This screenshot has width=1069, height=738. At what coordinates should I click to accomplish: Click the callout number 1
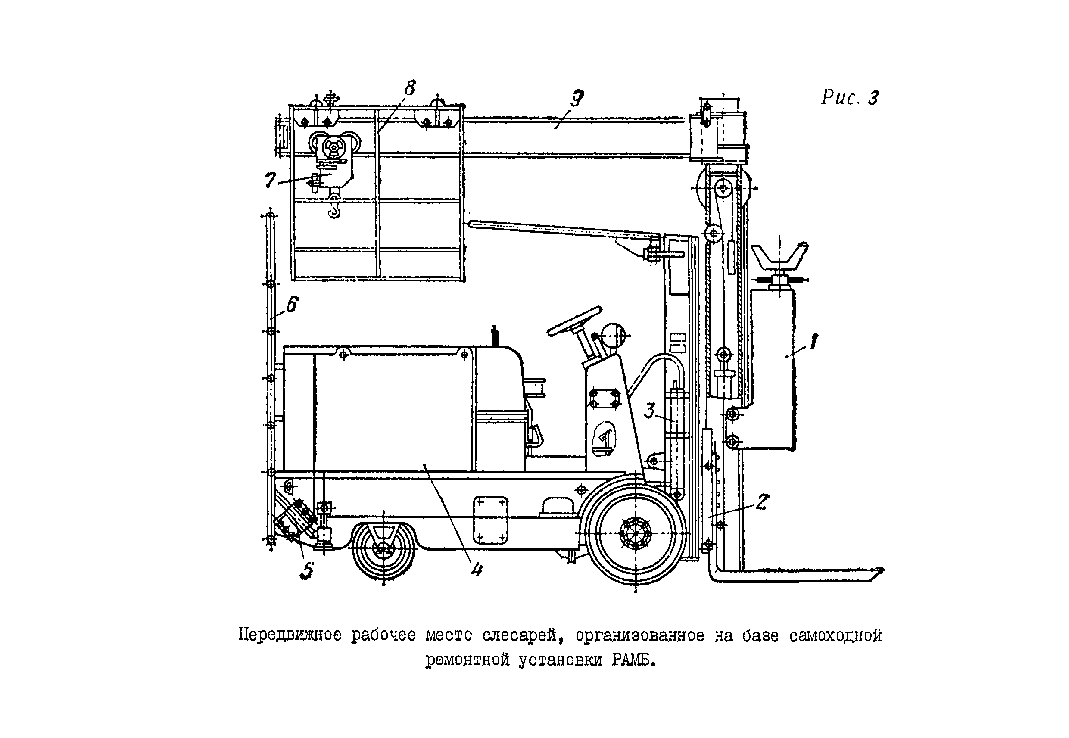click(x=813, y=342)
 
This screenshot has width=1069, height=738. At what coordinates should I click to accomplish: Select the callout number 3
click(x=650, y=411)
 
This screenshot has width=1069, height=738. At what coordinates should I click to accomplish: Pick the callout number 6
click(x=292, y=305)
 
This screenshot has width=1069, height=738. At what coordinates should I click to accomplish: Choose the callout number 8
click(x=410, y=88)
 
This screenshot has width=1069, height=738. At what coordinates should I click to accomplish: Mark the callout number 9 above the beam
click(x=577, y=98)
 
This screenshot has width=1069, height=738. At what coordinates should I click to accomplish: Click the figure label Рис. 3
click(x=850, y=97)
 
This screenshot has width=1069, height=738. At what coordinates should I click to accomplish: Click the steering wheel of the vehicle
click(x=575, y=321)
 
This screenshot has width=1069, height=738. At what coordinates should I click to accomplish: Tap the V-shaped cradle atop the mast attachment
click(x=779, y=259)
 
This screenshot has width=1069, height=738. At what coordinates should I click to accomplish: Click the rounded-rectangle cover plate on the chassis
click(x=490, y=520)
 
